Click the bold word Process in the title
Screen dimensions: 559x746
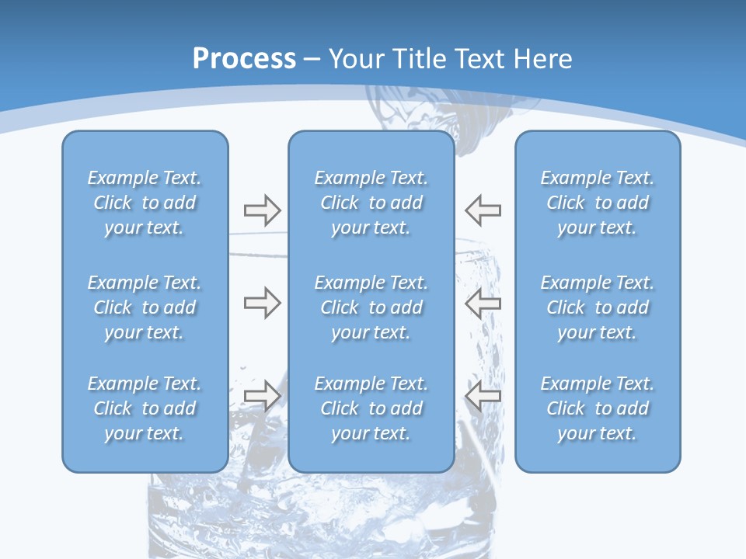click(244, 59)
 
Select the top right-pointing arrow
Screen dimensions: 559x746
click(262, 210)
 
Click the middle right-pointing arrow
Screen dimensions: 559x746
click(262, 303)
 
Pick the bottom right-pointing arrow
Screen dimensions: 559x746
click(262, 396)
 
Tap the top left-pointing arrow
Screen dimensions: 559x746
click(483, 210)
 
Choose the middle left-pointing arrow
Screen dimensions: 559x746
click(483, 303)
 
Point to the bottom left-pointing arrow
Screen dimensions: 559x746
click(483, 396)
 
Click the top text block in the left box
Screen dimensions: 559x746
click(145, 203)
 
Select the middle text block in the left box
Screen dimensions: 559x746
click(145, 307)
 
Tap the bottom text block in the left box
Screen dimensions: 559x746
click(145, 408)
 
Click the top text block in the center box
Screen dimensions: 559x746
click(371, 203)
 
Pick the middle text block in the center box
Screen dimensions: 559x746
click(371, 307)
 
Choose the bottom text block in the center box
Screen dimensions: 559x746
click(371, 408)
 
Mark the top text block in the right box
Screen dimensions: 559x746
click(597, 203)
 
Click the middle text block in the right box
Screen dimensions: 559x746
click(597, 307)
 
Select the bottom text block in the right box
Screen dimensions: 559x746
click(597, 408)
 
